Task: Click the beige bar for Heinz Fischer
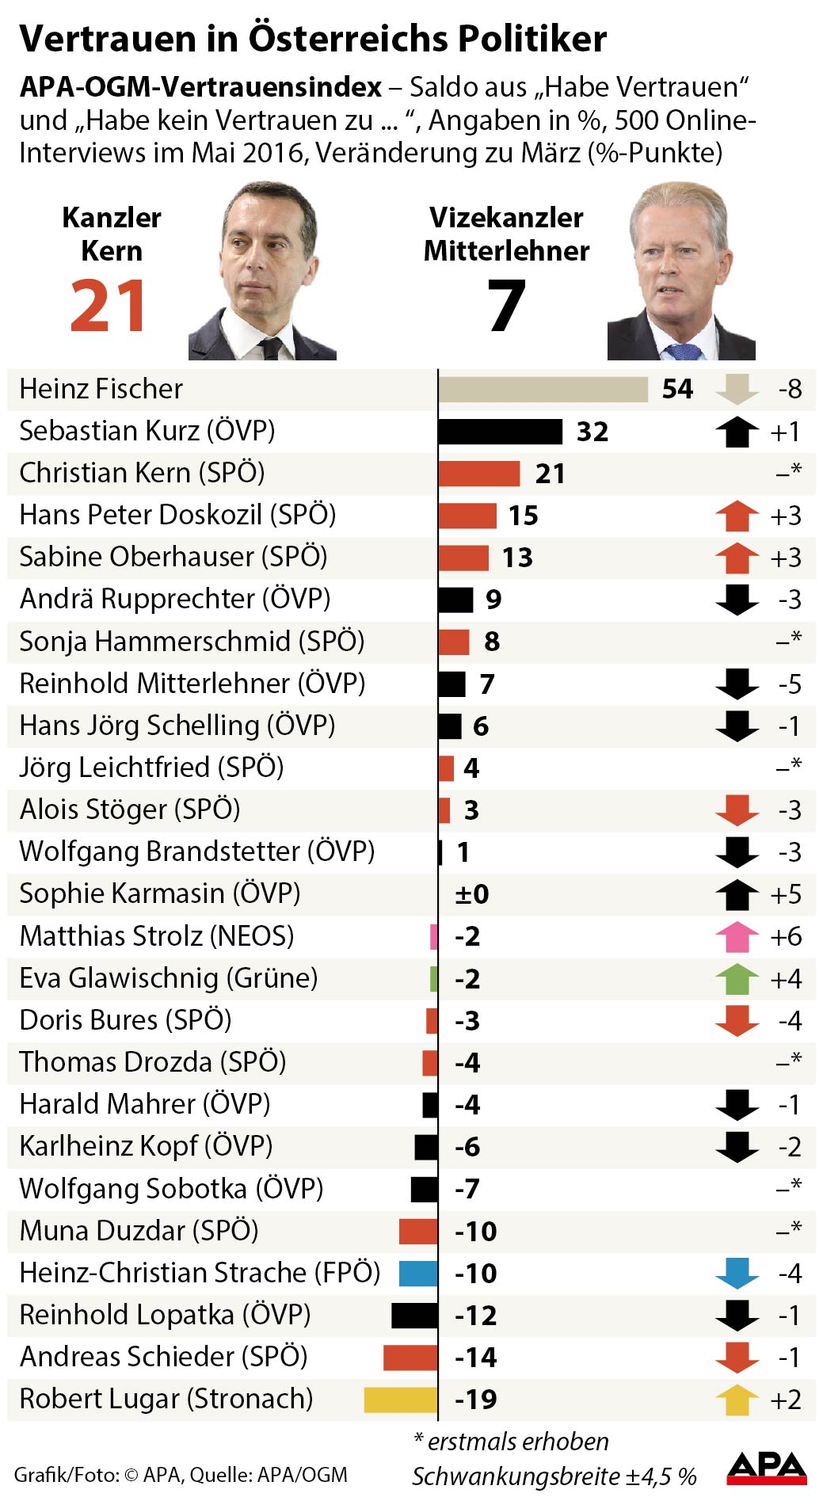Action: (543, 390)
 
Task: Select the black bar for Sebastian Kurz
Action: (500, 432)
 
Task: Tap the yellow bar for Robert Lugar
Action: (401, 1400)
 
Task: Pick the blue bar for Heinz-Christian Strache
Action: (418, 1274)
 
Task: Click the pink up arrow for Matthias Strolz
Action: (737, 937)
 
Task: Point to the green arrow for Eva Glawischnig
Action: (737, 979)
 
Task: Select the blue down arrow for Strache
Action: (737, 1274)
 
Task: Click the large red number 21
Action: (108, 307)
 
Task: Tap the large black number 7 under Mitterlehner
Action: (506, 307)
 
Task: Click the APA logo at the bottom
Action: (766, 1467)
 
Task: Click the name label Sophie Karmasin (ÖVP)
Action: (160, 893)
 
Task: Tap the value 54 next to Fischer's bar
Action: (677, 390)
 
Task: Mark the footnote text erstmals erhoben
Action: (518, 1442)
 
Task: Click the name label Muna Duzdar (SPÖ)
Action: (139, 1231)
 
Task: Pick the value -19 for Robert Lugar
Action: (476, 1400)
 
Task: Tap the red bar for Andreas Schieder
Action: (410, 1358)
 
